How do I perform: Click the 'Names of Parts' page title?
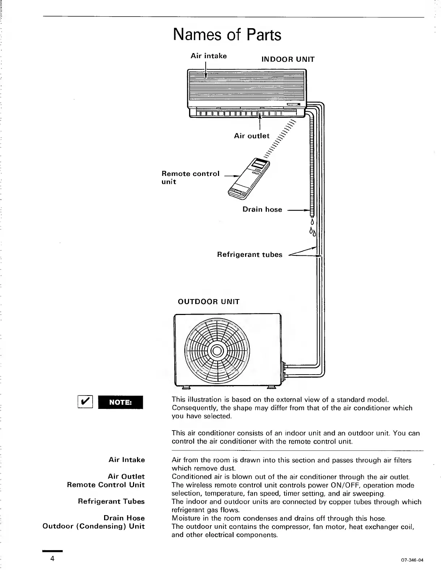tap(227, 35)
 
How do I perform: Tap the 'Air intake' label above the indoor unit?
tap(209, 56)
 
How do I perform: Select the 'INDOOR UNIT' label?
tap(288, 59)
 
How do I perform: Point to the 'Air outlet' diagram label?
tap(252, 136)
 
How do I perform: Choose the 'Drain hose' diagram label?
tap(262, 210)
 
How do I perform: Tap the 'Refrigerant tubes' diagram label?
tap(249, 255)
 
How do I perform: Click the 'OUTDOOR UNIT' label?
tap(209, 302)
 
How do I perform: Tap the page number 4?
tap(52, 558)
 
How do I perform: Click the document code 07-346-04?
tap(412, 560)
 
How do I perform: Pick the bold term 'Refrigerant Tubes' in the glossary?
tap(111, 501)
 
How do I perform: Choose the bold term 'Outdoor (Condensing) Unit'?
tap(94, 526)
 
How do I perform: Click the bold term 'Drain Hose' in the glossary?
tap(124, 518)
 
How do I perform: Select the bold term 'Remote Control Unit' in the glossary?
tap(106, 485)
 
